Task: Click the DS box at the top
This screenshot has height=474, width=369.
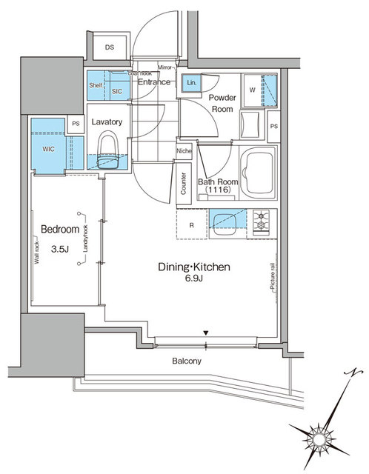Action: coord(110,47)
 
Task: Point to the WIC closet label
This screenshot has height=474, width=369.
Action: coord(48,148)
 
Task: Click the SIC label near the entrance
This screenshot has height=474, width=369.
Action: coord(117,91)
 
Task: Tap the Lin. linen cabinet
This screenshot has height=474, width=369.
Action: coord(191,83)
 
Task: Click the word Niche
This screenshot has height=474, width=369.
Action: coord(184,153)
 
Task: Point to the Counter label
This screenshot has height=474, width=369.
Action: coord(183,185)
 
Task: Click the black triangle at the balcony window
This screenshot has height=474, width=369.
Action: coord(207,333)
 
